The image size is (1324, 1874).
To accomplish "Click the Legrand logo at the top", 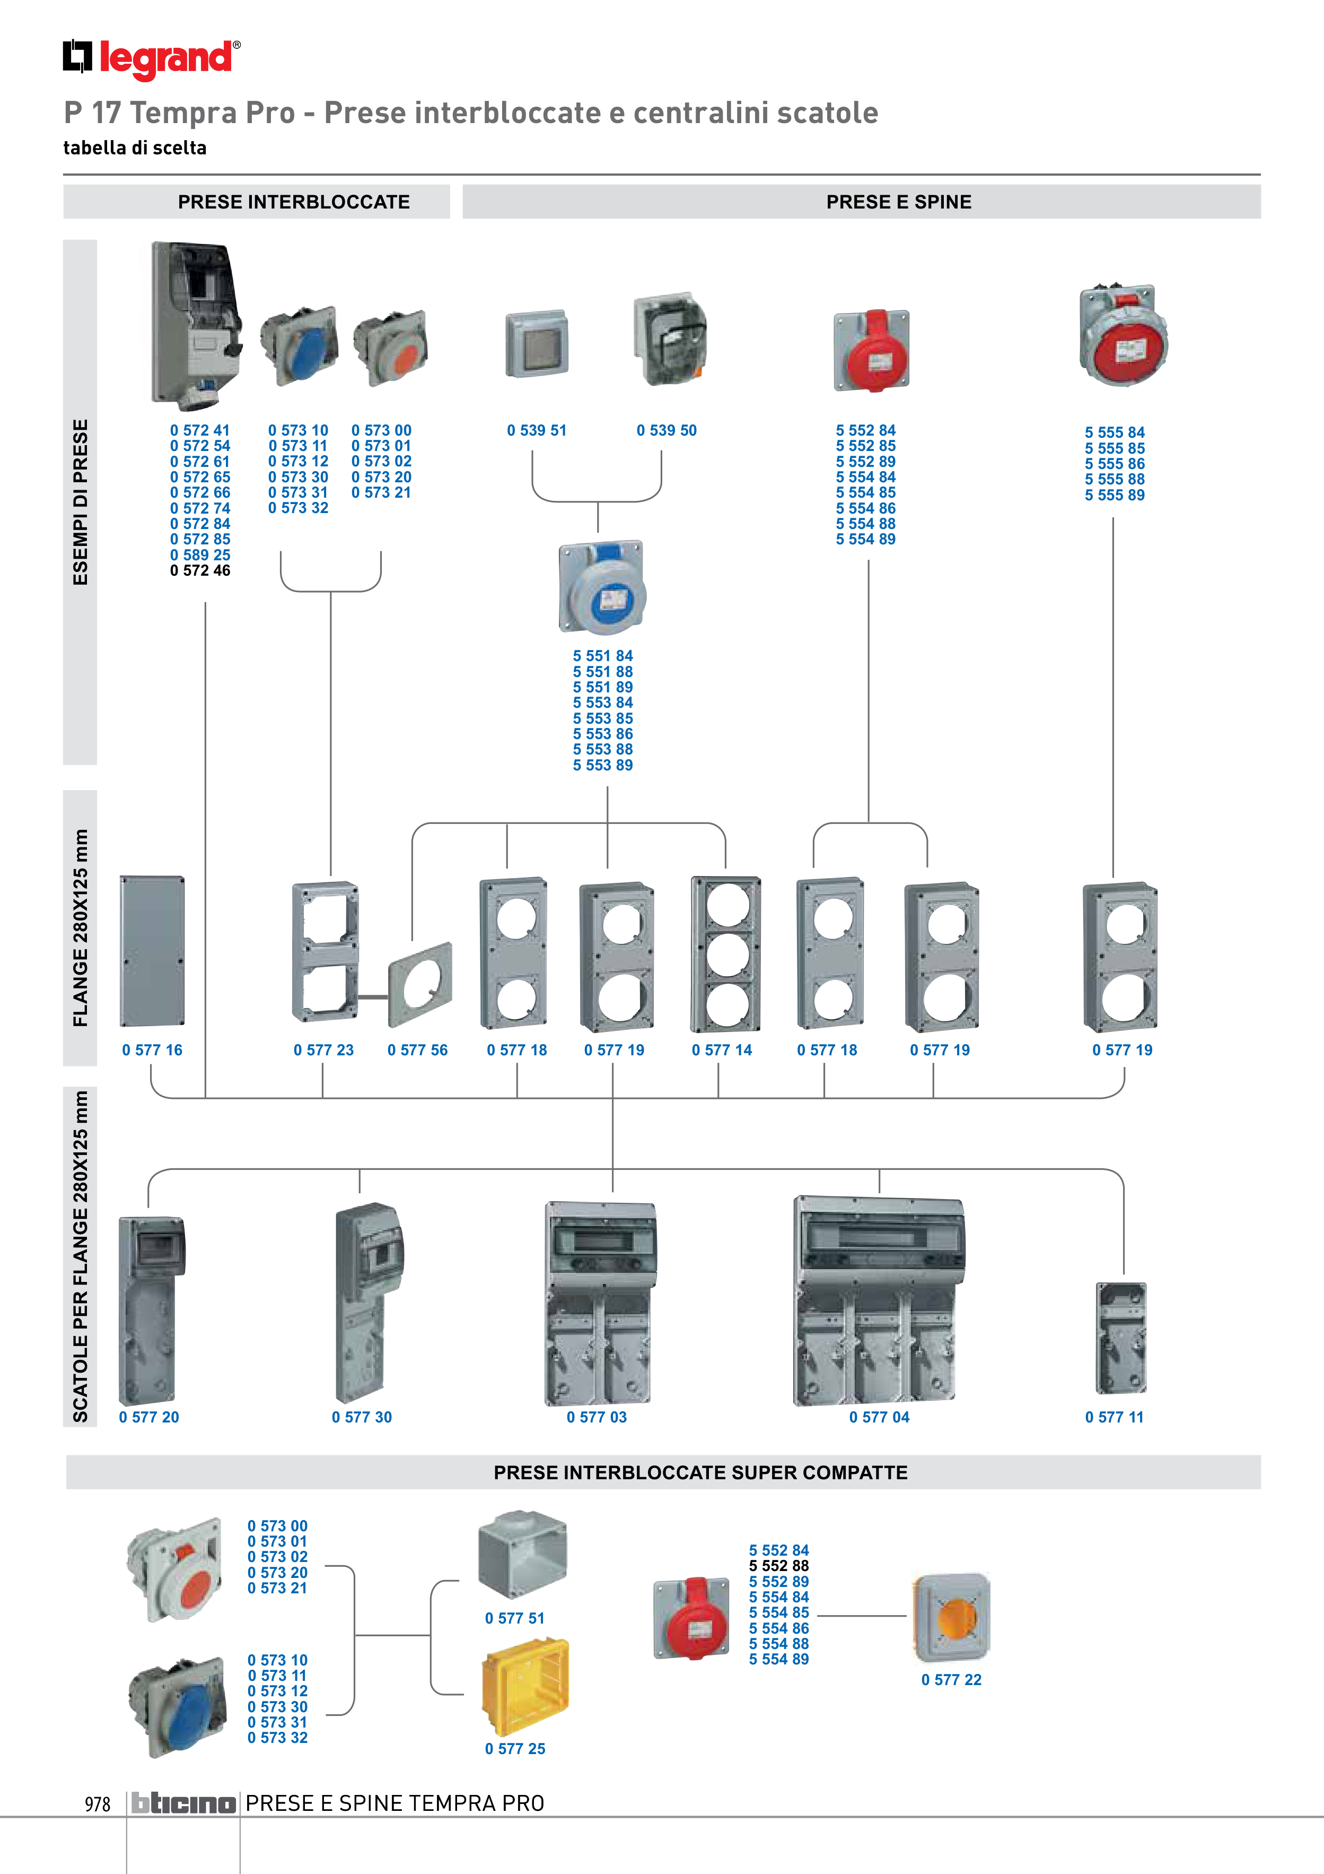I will point(152,59).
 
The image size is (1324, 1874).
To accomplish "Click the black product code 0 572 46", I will point(200,570).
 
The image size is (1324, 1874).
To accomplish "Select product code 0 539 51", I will point(537,430).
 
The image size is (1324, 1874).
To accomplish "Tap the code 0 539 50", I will point(667,430).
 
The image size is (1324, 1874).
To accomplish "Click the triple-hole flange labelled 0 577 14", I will point(725,954).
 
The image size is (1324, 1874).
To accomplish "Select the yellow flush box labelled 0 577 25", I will point(524,1686).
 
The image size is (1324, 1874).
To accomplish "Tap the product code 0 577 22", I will point(951,1680).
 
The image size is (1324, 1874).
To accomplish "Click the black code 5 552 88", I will point(779,1566).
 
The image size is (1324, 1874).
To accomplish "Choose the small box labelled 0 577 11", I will point(1121,1339).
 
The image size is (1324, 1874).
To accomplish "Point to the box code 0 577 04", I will point(880,1417).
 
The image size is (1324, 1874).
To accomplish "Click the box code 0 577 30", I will point(362,1417).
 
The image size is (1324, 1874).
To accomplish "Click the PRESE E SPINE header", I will point(899,202).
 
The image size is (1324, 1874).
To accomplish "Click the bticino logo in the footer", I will point(183,1803).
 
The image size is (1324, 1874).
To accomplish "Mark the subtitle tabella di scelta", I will point(135,148).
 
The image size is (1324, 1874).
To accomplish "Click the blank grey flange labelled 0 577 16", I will point(153,951).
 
